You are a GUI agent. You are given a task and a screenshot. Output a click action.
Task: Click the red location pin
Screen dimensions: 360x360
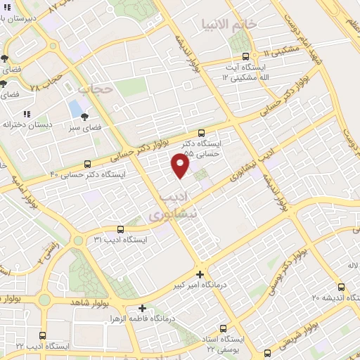click(x=181, y=165)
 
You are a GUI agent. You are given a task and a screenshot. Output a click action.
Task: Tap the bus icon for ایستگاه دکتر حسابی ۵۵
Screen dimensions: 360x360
click(x=202, y=132)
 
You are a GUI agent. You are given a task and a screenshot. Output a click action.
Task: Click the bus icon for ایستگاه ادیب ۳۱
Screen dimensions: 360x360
click(x=120, y=229)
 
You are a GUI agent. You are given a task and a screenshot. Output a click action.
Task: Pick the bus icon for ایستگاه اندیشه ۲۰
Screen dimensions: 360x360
click(x=341, y=287)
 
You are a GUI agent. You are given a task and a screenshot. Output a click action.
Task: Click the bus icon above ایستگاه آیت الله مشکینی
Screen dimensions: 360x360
click(x=245, y=57)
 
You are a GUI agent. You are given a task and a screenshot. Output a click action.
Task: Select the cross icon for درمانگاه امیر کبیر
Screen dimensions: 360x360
click(x=200, y=274)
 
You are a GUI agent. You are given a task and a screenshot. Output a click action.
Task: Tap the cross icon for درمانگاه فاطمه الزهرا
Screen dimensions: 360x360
click(x=143, y=308)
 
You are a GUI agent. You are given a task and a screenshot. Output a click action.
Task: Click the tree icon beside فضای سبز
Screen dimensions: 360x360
click(x=85, y=117)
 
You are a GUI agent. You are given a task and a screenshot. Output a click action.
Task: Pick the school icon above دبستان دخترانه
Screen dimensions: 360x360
click(x=27, y=114)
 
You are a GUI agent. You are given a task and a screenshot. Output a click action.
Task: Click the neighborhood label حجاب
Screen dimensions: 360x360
click(x=96, y=89)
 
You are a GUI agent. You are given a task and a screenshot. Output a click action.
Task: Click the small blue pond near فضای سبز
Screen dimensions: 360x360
click(x=75, y=109)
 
